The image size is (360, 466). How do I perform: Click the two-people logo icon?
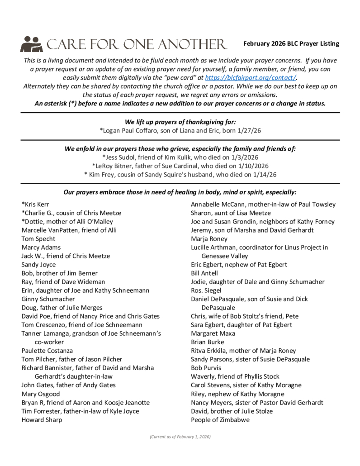click(x=31, y=44)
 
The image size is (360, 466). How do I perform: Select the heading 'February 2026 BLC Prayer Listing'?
click(x=291, y=44)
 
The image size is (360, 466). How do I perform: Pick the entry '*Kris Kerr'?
click(x=35, y=204)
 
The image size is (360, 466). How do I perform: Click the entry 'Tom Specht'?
click(x=38, y=238)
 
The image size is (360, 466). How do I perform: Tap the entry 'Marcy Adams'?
click(x=41, y=247)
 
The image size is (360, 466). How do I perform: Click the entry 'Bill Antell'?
click(x=204, y=273)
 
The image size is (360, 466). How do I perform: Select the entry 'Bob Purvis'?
click(x=206, y=367)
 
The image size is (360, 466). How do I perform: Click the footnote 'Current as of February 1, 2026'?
click(x=180, y=437)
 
